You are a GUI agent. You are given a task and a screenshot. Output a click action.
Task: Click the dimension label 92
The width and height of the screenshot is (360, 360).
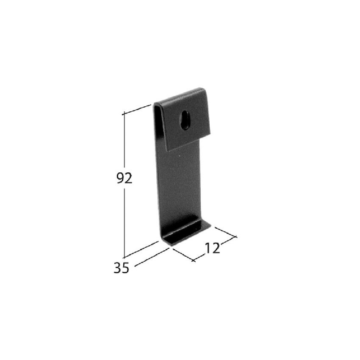pos(125,178)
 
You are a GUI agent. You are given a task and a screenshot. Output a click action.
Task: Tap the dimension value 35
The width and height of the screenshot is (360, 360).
pos(122,268)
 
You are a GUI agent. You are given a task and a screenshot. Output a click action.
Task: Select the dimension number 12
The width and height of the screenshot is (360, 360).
pos(212,248)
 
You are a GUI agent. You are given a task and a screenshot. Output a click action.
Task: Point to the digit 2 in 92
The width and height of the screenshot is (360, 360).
pos(129,178)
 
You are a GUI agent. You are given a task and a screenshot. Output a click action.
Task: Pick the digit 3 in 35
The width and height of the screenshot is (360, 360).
pos(118,268)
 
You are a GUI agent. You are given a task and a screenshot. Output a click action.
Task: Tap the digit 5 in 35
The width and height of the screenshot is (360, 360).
pos(126,268)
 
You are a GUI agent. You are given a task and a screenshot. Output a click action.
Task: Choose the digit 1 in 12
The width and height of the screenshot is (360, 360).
pos(208,248)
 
